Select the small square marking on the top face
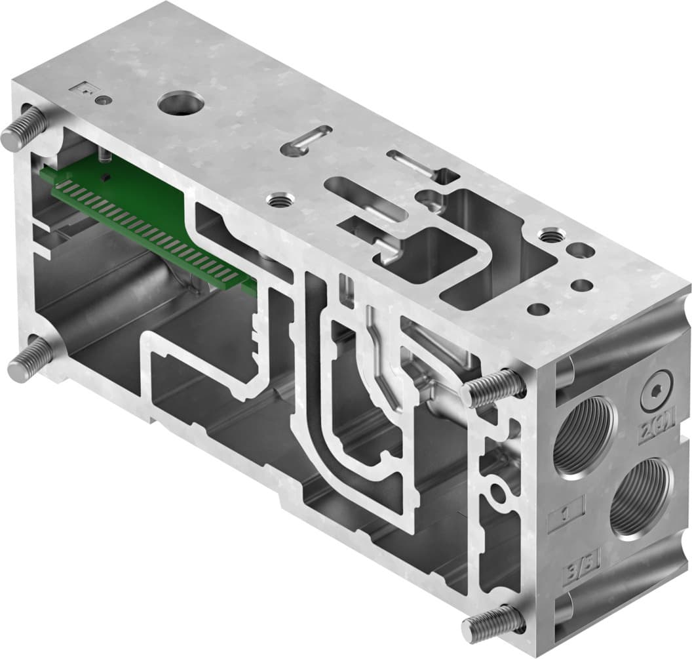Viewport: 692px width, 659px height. click(x=85, y=87)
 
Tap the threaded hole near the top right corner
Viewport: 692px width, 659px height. click(x=549, y=235)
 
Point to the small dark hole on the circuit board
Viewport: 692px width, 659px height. click(x=106, y=178)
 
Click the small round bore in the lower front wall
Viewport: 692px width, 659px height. click(x=499, y=491)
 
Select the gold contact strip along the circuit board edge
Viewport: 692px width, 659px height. click(x=151, y=230)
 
